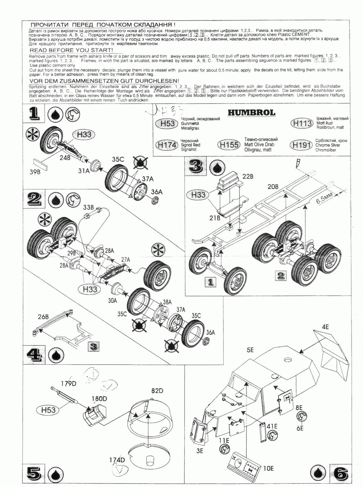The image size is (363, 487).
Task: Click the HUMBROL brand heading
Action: [251, 113]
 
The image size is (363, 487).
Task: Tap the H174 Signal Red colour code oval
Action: [166, 145]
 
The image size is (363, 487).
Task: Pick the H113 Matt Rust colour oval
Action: [301, 123]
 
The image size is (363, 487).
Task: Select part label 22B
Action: [248, 176]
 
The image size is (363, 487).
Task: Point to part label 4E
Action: [325, 327]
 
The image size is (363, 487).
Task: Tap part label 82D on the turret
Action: [157, 391]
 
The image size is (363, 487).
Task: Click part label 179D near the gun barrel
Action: [69, 384]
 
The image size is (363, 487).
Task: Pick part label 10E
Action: [268, 468]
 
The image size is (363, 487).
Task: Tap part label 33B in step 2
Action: [88, 207]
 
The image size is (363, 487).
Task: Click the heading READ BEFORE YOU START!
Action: [71, 50]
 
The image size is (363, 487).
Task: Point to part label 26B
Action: [43, 317]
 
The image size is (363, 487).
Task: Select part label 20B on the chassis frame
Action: [273, 187]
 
